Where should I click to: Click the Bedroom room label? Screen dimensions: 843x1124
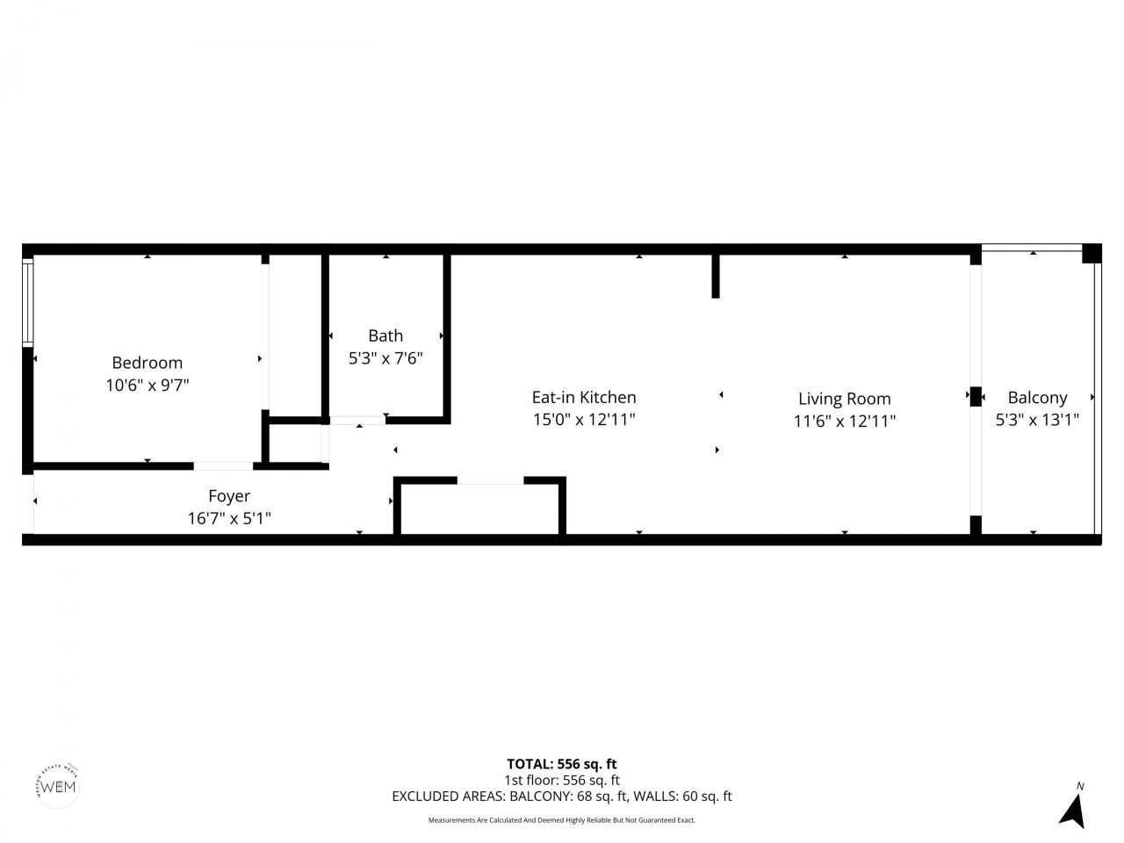click(x=147, y=363)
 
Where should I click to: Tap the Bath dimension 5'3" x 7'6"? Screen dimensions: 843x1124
click(x=385, y=358)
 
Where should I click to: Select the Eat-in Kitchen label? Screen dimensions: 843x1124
click(x=584, y=398)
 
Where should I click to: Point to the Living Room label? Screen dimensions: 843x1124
click(x=844, y=399)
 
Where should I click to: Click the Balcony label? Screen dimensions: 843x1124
click(x=1037, y=398)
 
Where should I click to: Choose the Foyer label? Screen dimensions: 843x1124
click(x=229, y=496)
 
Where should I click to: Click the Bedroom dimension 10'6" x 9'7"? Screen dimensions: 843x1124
click(x=147, y=385)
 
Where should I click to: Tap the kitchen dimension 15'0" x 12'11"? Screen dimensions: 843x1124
click(x=584, y=420)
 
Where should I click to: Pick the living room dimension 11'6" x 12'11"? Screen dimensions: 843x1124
click(x=844, y=421)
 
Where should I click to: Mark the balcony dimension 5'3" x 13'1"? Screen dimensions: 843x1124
click(x=1037, y=420)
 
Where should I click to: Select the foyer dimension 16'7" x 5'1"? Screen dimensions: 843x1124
click(x=229, y=519)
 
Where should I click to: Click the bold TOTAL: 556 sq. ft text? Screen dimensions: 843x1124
click(x=561, y=764)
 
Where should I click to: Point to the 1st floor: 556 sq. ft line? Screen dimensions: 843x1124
click(x=561, y=780)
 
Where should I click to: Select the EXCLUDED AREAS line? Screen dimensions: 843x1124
click(x=561, y=796)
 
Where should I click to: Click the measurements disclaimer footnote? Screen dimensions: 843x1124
click(x=561, y=820)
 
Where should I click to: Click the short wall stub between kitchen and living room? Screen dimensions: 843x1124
click(x=716, y=276)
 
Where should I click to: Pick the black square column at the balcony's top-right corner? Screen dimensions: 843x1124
click(x=1092, y=253)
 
